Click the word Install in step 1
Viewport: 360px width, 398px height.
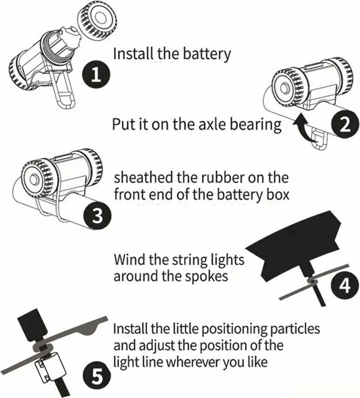[133, 54]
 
